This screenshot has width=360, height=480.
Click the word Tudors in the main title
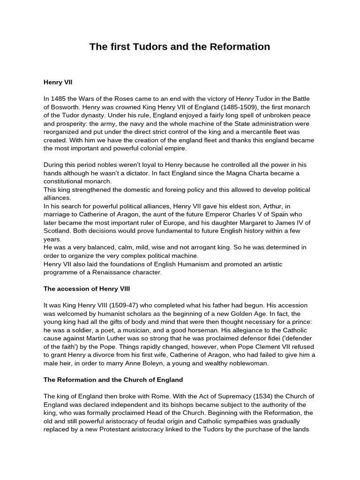pos(143,47)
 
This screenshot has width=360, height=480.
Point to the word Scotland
pos(57,231)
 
